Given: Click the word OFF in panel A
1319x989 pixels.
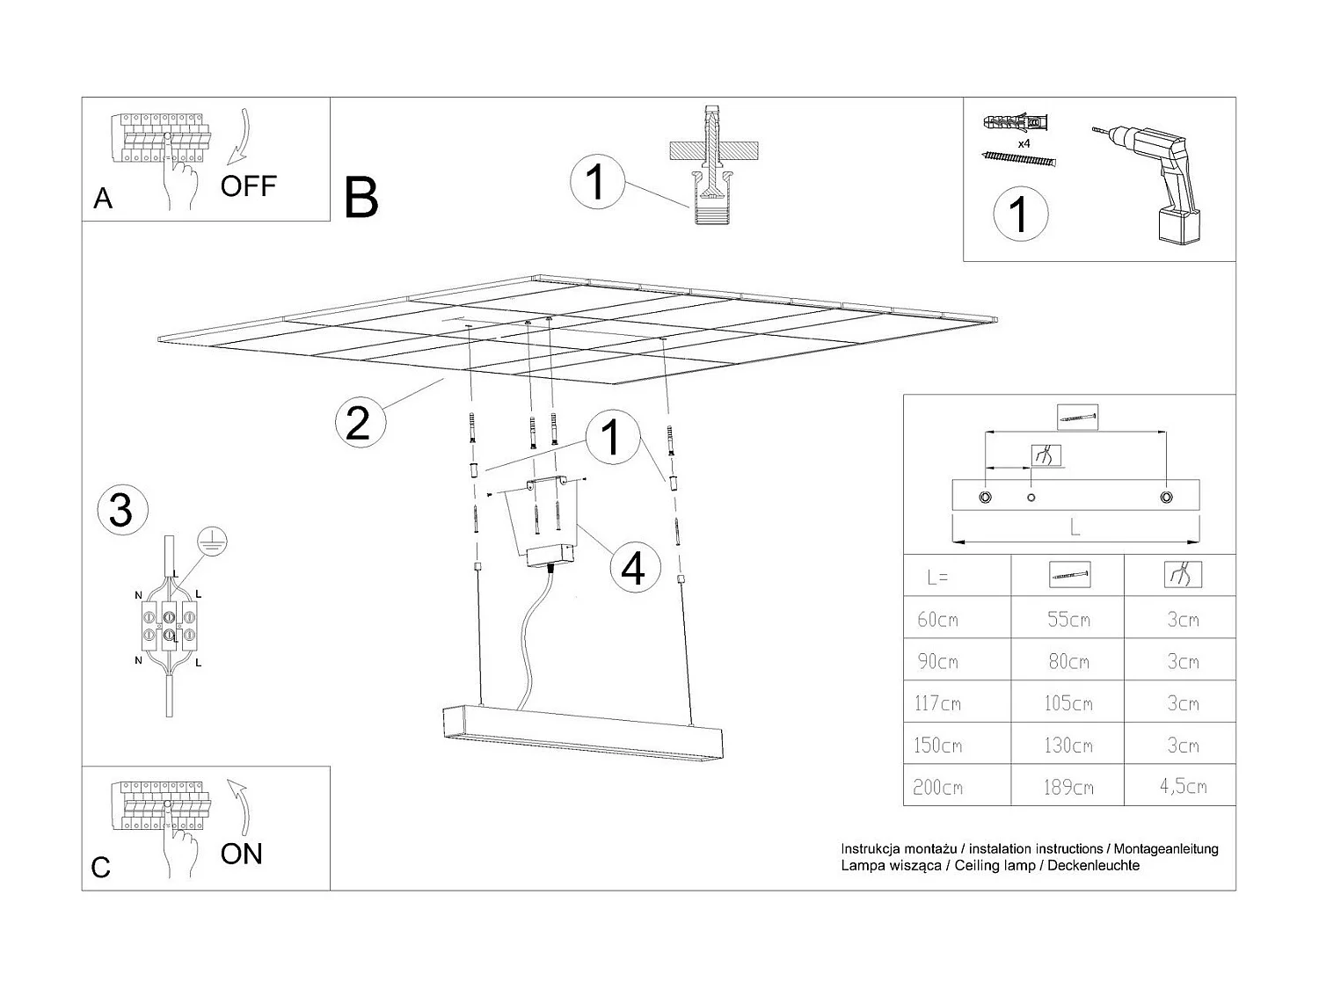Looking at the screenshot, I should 248,185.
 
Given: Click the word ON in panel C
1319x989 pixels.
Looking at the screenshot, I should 241,854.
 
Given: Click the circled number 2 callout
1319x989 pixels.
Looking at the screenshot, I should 358,424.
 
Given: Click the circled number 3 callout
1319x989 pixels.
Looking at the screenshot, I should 120,510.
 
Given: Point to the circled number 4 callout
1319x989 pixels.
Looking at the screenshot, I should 633,568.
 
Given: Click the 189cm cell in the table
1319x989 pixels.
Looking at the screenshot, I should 1068,787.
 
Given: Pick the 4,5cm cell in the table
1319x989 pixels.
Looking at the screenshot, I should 1182,786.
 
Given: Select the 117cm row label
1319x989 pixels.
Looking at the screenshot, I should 937,703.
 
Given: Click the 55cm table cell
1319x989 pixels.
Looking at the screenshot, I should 1068,620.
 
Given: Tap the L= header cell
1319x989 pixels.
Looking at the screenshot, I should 937,578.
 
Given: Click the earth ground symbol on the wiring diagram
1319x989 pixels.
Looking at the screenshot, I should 212,542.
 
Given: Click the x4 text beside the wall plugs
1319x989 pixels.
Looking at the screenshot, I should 1024,142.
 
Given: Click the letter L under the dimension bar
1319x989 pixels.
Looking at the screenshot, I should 1075,527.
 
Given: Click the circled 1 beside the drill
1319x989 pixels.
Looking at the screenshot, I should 1020,215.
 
